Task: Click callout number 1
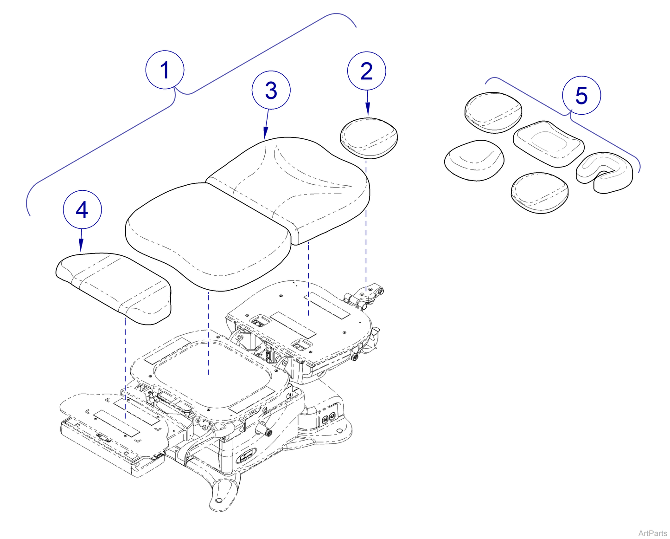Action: coord(165,70)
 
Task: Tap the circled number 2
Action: coord(366,71)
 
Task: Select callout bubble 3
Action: coord(271,90)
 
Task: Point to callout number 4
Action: coord(82,210)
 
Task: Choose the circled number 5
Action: coord(581,95)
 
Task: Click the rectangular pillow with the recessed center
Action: coord(548,143)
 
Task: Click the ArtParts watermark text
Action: coord(652,533)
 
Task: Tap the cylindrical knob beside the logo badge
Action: coord(268,432)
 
